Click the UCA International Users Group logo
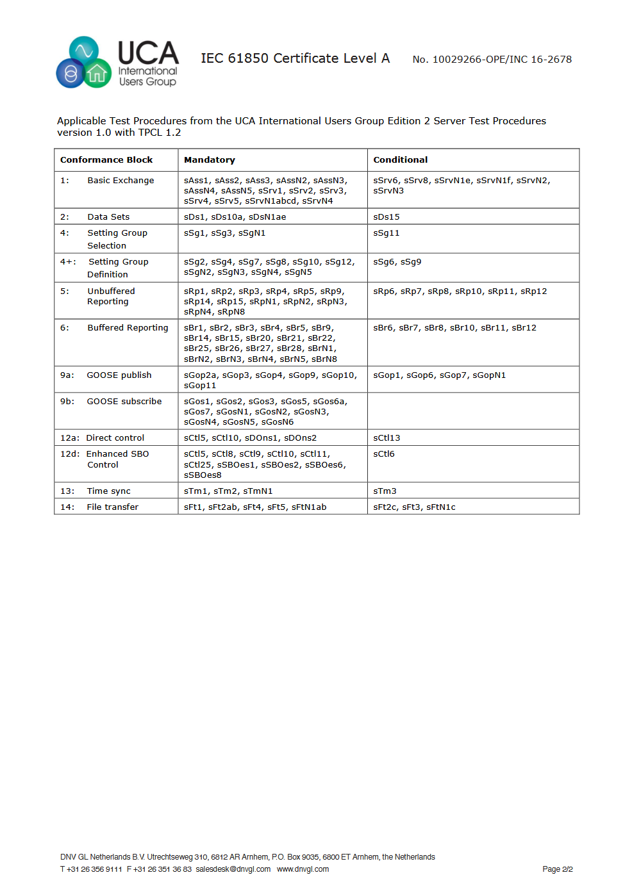pyautogui.click(x=117, y=62)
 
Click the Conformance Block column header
pyautogui.click(x=106, y=160)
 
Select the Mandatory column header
pyautogui.click(x=210, y=160)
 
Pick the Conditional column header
pyautogui.click(x=400, y=160)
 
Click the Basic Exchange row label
pyautogui.click(x=121, y=181)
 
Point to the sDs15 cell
pyautogui.click(x=387, y=217)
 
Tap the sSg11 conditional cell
pyautogui.click(x=387, y=233)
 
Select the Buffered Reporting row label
pyautogui.click(x=128, y=328)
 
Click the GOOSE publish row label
pyautogui.click(x=119, y=375)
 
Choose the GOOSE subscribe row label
pyautogui.click(x=124, y=402)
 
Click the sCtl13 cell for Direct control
pyautogui.click(x=387, y=438)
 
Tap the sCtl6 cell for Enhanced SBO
pyautogui.click(x=384, y=454)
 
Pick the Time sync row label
pyautogui.click(x=108, y=491)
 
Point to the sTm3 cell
pyautogui.click(x=385, y=491)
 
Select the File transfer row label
pyautogui.click(x=112, y=507)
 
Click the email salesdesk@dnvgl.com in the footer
pyautogui.click(x=233, y=869)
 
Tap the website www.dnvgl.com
pyautogui.click(x=303, y=869)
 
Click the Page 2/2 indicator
pyautogui.click(x=557, y=869)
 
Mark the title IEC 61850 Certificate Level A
pyautogui.click(x=295, y=59)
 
